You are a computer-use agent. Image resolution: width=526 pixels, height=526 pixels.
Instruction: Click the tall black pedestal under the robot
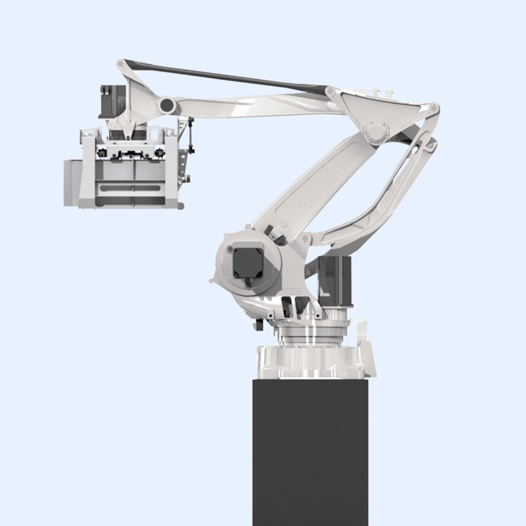click(310, 452)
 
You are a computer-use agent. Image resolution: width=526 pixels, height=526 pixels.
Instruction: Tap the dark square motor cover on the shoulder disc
click(248, 262)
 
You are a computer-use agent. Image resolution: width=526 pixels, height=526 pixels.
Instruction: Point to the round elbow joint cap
click(375, 131)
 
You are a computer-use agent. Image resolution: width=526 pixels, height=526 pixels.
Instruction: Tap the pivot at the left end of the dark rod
click(121, 64)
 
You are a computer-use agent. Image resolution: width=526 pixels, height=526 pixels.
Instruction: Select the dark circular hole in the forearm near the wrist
click(167, 106)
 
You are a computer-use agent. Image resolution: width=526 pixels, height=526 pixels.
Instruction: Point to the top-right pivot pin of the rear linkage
click(434, 108)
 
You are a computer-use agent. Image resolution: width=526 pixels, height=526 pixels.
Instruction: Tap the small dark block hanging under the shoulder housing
click(259, 325)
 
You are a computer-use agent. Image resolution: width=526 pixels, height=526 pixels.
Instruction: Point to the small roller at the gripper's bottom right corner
click(180, 206)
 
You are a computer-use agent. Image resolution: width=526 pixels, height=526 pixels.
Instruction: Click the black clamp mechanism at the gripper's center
click(131, 153)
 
